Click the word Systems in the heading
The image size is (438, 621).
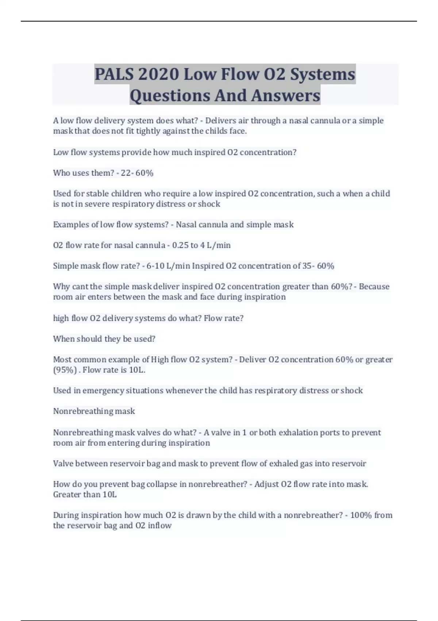(323, 74)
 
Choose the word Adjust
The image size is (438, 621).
(266, 484)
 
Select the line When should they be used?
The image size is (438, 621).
(104, 339)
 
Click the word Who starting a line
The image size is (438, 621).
(61, 173)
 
